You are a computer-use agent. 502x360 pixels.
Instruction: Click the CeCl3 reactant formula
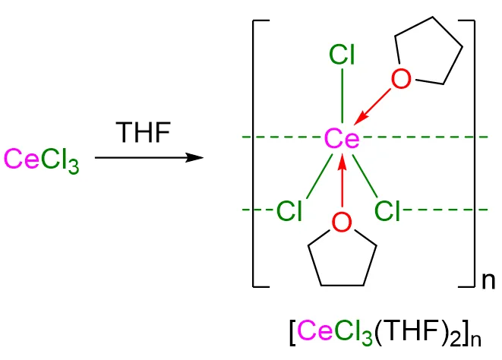coord(42,160)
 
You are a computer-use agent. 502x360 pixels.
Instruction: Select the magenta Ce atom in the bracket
coord(342,138)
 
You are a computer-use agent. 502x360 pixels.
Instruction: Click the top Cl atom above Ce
coord(343,55)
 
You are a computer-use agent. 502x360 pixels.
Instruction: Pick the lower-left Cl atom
coord(289,210)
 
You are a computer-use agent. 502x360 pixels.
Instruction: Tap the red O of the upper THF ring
coord(402,78)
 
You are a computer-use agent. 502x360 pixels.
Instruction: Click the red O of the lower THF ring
coord(342,222)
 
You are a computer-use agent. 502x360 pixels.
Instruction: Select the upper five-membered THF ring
coord(429,58)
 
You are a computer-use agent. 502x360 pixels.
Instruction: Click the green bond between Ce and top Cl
coord(343,95)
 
